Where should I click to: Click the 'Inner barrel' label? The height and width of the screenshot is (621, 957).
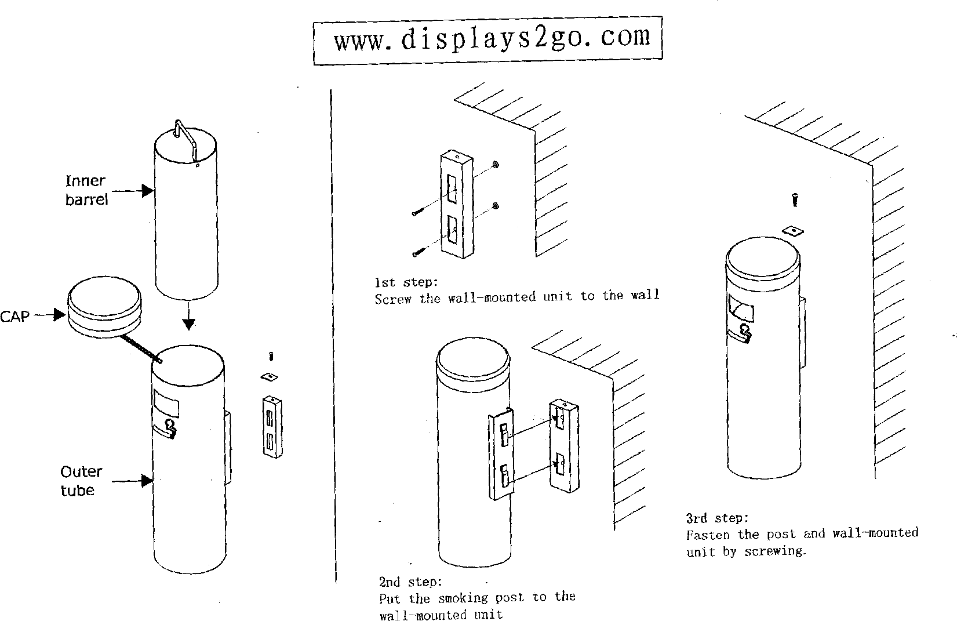coord(86,190)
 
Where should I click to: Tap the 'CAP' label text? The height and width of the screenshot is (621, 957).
coord(15,316)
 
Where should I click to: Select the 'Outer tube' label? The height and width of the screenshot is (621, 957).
coord(81,481)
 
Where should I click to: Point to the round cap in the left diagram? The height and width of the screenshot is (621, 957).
coord(104,307)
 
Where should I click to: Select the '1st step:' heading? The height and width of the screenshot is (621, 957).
coord(406,282)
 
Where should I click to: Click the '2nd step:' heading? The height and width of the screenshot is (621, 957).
coord(410,582)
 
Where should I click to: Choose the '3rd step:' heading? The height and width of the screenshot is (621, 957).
coord(717,518)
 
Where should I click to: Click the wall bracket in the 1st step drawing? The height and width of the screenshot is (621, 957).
coord(456,204)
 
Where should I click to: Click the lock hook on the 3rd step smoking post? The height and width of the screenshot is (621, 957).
coord(743,334)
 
